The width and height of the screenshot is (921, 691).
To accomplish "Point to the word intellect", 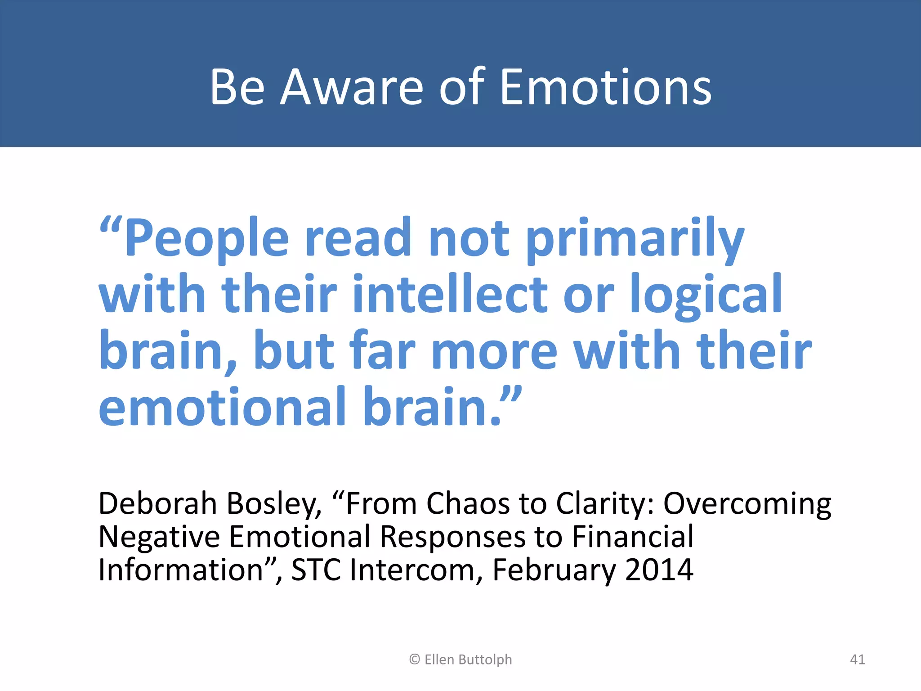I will click(x=450, y=295).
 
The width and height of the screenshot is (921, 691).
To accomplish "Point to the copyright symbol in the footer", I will click(x=414, y=660).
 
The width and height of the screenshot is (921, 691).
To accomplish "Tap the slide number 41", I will click(x=857, y=660).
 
